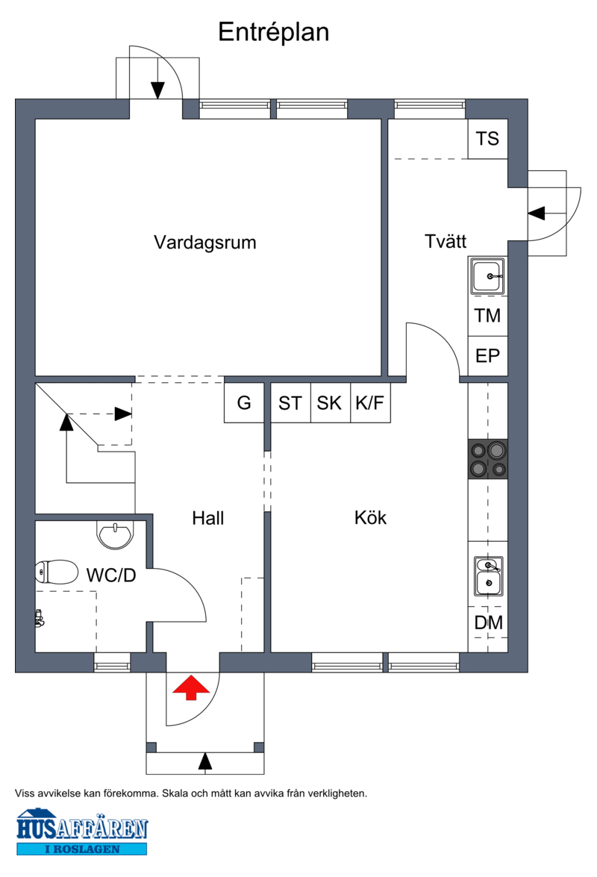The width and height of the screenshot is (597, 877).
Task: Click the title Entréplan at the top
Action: (x=273, y=32)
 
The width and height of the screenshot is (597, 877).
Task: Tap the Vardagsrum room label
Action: (x=205, y=243)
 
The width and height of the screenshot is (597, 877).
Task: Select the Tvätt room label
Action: (x=446, y=241)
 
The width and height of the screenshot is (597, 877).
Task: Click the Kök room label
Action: (x=370, y=517)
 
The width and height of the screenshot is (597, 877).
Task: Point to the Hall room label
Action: (x=207, y=518)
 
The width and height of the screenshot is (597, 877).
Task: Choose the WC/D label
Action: (x=111, y=575)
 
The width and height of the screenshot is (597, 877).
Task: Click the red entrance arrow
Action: (x=191, y=687)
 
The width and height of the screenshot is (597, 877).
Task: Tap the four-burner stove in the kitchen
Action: (x=487, y=459)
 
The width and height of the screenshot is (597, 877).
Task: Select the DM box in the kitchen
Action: (x=488, y=622)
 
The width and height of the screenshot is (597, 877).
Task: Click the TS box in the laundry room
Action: (x=487, y=139)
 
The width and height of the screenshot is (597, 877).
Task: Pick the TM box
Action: (x=487, y=316)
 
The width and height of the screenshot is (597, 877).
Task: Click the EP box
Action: (x=487, y=356)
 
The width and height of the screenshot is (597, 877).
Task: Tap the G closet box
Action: (x=244, y=403)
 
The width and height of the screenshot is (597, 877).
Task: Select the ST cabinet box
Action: (x=290, y=403)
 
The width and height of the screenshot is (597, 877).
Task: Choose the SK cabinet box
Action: (x=330, y=403)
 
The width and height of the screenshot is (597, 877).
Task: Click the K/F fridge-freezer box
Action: (x=370, y=403)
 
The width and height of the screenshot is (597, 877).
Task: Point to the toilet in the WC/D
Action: (x=57, y=572)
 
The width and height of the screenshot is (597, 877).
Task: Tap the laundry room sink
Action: (x=487, y=276)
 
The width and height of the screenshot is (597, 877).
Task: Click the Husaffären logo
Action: (x=82, y=831)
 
